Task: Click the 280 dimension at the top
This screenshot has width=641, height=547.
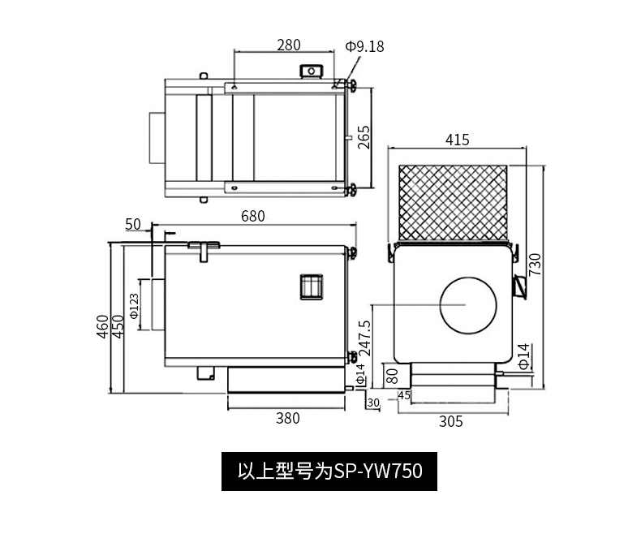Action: pos(289,45)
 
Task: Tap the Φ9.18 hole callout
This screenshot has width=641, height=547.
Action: pos(364,46)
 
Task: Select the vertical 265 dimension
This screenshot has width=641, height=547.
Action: pos(364,137)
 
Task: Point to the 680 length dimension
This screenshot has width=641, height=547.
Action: pos(253,216)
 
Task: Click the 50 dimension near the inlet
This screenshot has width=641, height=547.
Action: pos(133,225)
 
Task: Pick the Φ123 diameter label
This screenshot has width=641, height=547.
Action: pos(134,306)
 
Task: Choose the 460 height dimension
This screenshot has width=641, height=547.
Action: pos(102,326)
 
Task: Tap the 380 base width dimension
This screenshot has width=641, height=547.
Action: pos(288,418)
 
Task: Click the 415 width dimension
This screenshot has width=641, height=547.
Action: pos(458,140)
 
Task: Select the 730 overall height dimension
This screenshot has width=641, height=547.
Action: pos(536,265)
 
